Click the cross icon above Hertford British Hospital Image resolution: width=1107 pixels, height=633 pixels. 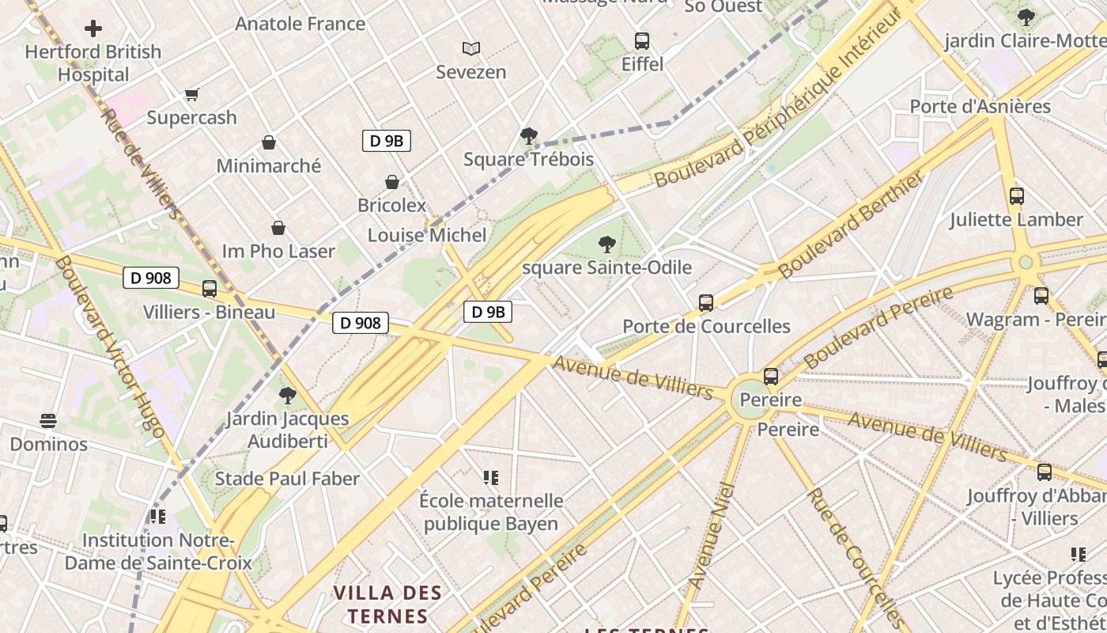coord(93,29)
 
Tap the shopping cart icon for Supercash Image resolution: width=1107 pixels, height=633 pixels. coord(191,95)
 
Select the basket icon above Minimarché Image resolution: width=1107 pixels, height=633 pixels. coord(269,143)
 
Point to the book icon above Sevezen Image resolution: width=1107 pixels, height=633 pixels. coord(471,49)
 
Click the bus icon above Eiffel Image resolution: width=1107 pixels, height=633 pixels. coord(642,41)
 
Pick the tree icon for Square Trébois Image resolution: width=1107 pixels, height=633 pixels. coord(528,136)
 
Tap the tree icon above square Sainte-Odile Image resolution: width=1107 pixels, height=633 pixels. coord(607,244)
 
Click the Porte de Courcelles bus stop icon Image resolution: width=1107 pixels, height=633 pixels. coord(706,303)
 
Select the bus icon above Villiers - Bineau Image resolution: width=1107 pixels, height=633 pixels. coord(210,289)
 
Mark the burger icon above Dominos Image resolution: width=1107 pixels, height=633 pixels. coord(48,421)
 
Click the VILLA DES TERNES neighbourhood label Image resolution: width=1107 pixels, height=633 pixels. coord(387,605)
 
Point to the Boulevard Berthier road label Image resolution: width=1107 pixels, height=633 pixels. coord(852,226)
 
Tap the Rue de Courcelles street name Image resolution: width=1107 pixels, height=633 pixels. coord(854,558)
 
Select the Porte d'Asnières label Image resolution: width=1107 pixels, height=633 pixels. coord(980,107)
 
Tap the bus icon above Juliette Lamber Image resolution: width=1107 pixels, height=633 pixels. coord(1017,196)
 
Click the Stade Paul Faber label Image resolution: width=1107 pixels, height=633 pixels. coord(287,479)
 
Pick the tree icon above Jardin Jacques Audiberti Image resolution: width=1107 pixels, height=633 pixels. coord(288,395)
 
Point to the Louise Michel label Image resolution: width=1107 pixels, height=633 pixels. coord(427,235)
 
